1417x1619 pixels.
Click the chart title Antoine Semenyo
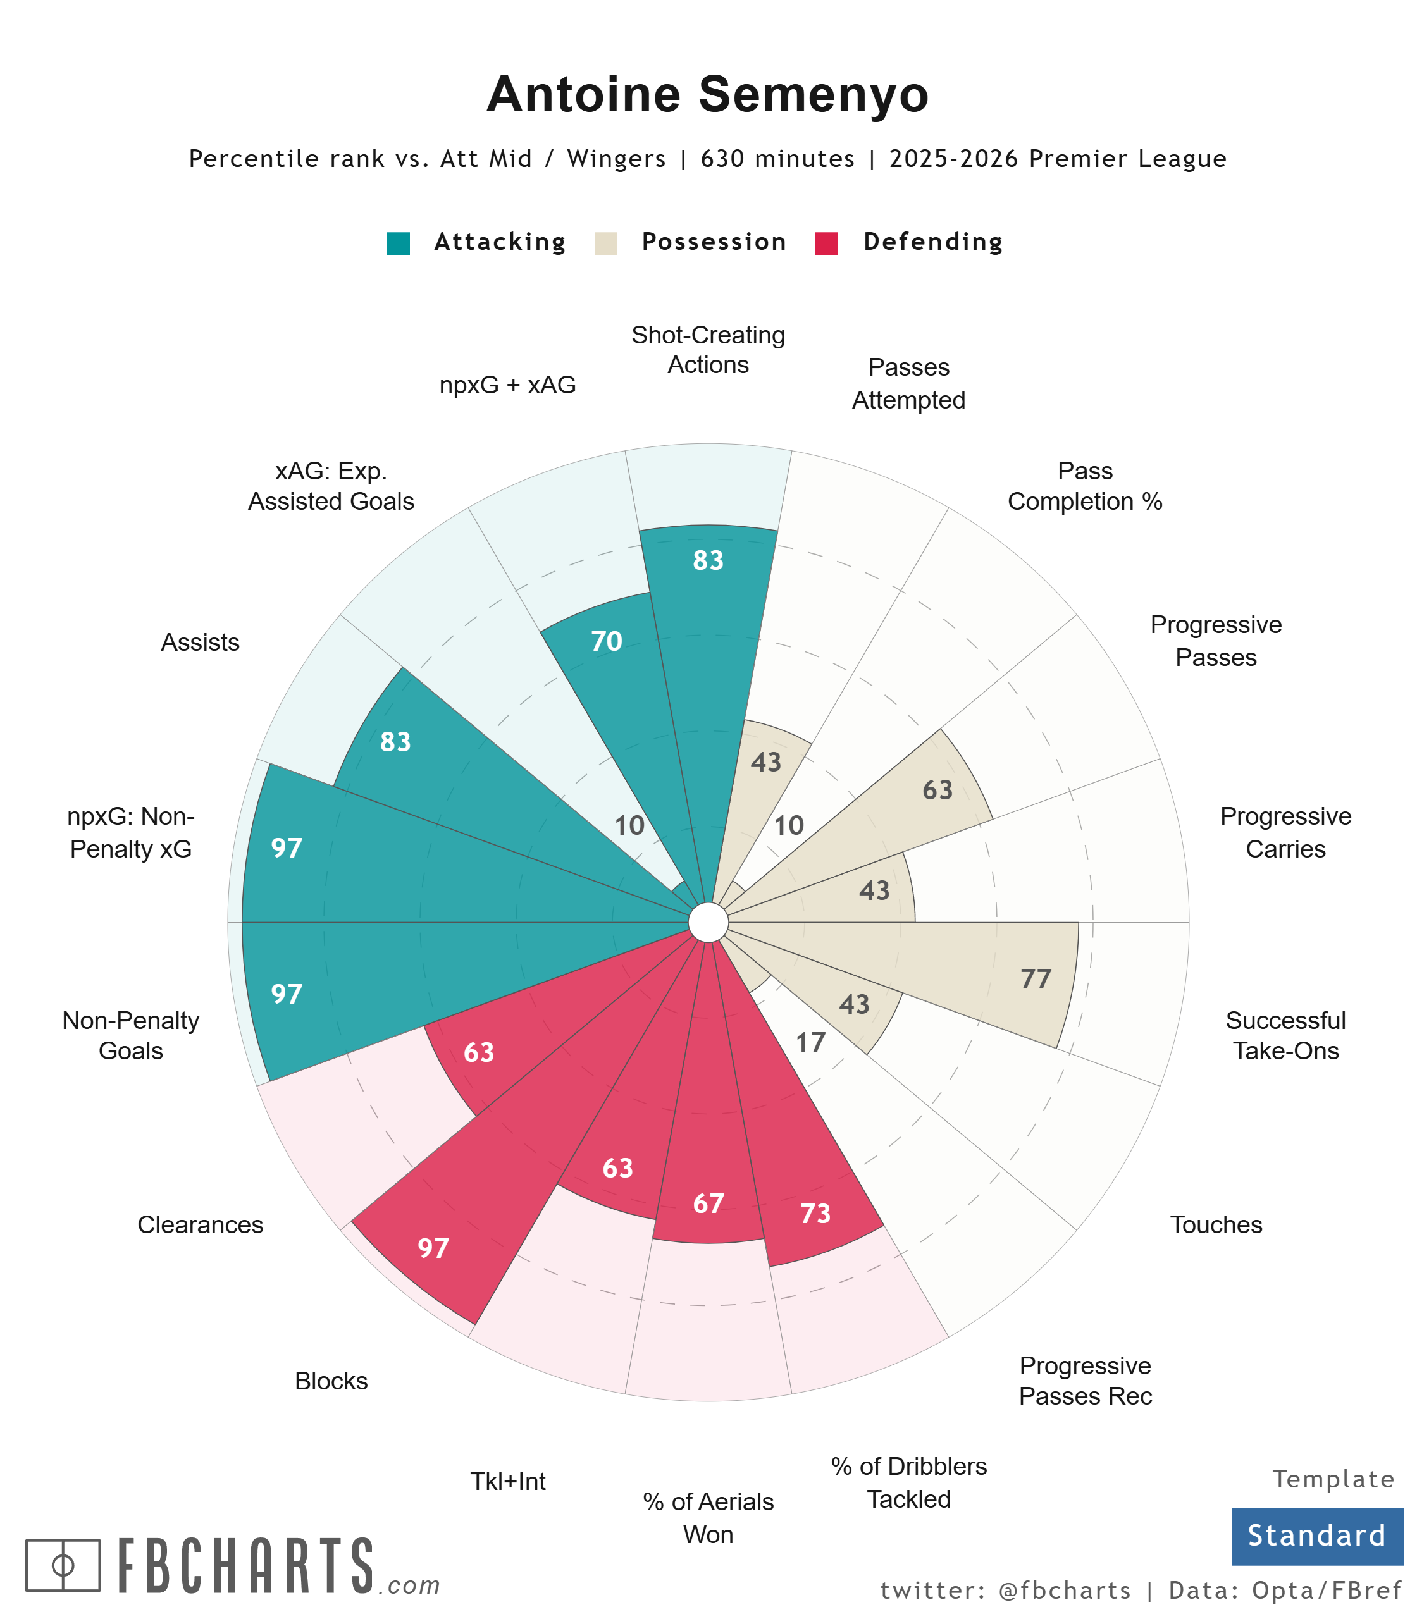point(708,95)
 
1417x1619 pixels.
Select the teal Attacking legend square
point(399,243)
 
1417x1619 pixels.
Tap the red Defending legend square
point(826,243)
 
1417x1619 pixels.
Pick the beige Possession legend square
point(606,243)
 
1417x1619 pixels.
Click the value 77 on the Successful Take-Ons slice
point(1035,980)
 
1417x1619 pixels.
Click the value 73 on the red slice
point(815,1214)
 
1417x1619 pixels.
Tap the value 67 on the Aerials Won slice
point(708,1203)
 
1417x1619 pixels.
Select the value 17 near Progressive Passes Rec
point(810,1043)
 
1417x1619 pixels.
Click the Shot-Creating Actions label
point(708,349)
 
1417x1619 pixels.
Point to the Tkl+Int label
point(507,1480)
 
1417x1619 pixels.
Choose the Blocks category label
point(331,1380)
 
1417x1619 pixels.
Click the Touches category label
point(1215,1224)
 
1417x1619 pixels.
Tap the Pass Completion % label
point(1085,486)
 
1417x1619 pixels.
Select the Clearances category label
point(200,1224)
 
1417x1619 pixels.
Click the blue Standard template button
point(1316,1536)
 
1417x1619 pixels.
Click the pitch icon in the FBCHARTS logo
point(63,1565)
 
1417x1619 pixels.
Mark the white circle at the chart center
point(708,923)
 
